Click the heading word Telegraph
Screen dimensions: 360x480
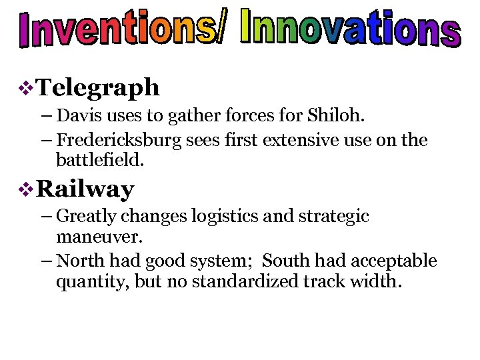tap(98, 87)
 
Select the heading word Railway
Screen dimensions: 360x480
tap(85, 189)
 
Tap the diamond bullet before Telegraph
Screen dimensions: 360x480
tap(27, 87)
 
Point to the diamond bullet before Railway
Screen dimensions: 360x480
tap(27, 190)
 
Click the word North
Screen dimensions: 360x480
tap(78, 261)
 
